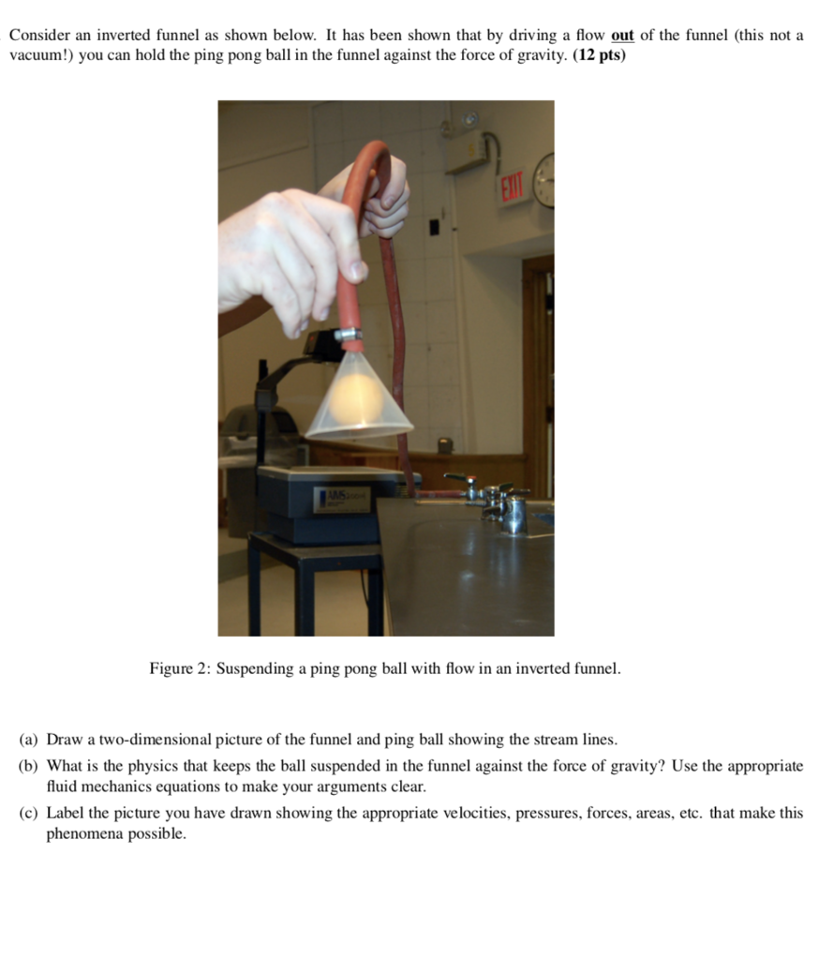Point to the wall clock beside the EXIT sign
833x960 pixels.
pyautogui.click(x=544, y=179)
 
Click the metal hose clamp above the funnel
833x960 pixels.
pyautogui.click(x=349, y=333)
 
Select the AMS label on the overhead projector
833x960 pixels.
pyautogui.click(x=339, y=498)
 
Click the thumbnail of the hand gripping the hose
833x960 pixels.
pyautogui.click(x=356, y=270)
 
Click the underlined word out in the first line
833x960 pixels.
pyautogui.click(x=622, y=36)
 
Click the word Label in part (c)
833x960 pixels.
pyautogui.click(x=66, y=813)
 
